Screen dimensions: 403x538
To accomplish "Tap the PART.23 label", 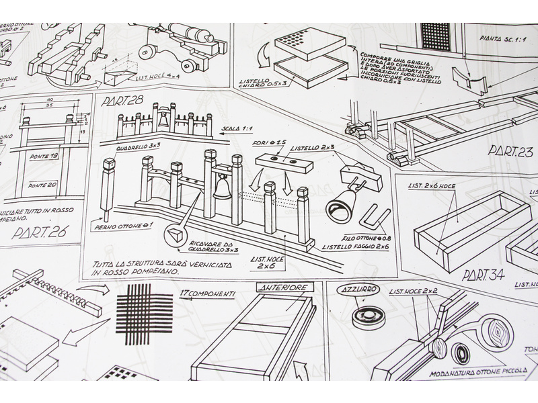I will [x=510, y=150].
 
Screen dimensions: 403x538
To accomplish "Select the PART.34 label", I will [x=483, y=275].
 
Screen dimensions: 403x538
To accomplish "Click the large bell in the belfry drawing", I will [x=220, y=188].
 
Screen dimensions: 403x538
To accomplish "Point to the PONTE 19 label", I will [x=44, y=156].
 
